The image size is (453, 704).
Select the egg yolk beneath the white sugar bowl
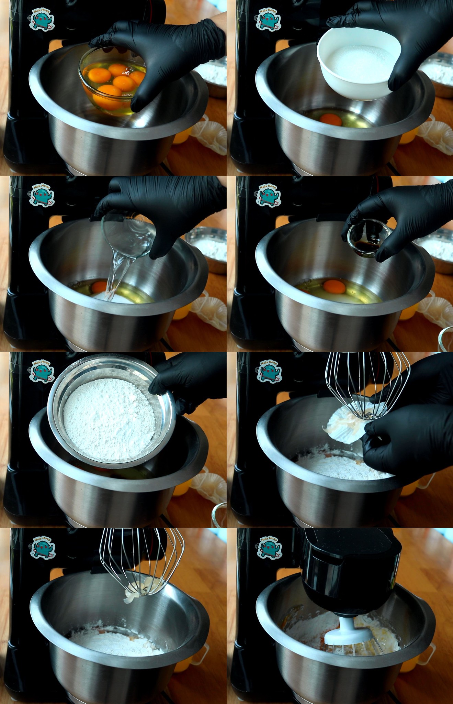click(x=331, y=120)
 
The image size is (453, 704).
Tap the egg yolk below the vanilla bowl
click(x=334, y=286)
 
